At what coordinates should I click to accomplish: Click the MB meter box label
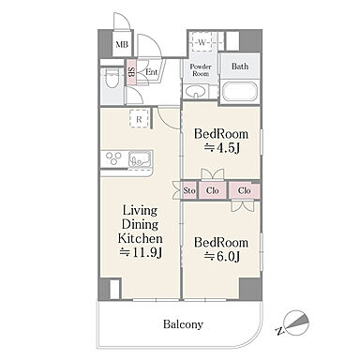point(122,45)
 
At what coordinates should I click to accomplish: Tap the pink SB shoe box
point(131,72)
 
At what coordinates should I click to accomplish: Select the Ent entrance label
point(152,72)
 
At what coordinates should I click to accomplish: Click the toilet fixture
point(112,80)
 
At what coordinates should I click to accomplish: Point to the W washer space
point(202,42)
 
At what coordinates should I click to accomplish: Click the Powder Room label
point(201,70)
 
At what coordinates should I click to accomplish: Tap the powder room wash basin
point(195,92)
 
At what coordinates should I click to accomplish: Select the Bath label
point(240,67)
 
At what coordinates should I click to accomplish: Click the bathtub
point(240,91)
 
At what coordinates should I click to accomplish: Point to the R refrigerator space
point(139,119)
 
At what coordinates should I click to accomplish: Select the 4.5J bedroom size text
point(221,148)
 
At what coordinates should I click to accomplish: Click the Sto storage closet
point(189,190)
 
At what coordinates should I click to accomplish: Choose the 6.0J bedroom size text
point(222,257)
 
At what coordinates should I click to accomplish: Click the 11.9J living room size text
point(141,252)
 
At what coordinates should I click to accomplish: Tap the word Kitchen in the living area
point(140,239)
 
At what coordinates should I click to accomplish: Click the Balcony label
point(183,324)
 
